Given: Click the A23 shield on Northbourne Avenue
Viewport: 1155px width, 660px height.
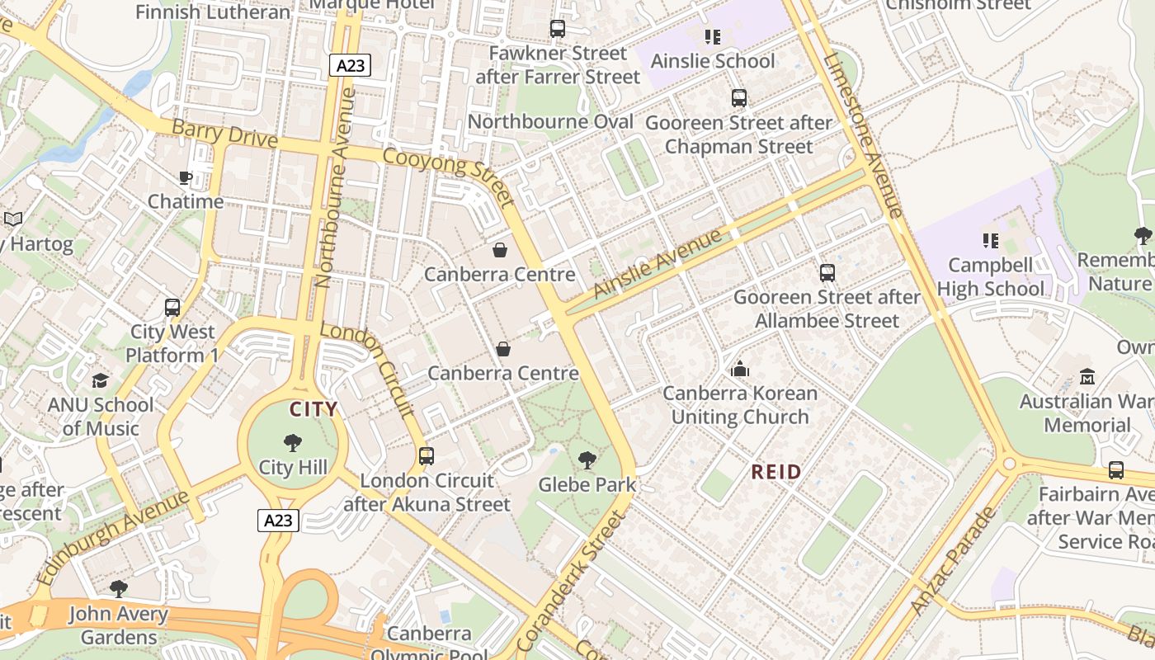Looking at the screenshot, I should [x=350, y=66].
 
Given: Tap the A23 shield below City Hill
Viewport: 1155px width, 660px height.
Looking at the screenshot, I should [x=278, y=521].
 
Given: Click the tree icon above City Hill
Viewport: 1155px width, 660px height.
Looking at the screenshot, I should [x=292, y=443].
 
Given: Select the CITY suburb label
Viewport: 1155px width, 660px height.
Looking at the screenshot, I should [x=313, y=409].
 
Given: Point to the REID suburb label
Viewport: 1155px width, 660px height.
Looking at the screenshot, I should [x=776, y=473].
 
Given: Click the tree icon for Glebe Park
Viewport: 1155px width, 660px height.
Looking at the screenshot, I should [x=587, y=460].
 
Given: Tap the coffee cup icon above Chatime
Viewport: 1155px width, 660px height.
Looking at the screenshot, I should [x=186, y=177].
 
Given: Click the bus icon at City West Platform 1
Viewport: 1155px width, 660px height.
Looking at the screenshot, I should [x=172, y=308].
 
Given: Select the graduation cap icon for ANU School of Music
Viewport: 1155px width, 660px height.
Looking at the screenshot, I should [x=101, y=380].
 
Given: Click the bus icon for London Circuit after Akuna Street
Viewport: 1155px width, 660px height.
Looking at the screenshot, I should [x=427, y=456].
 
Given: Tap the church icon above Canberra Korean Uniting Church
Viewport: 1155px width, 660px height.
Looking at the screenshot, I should [x=740, y=369].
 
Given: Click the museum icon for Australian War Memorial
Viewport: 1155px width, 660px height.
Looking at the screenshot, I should [x=1087, y=377].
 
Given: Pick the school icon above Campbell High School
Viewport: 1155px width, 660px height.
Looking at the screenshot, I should [x=990, y=241].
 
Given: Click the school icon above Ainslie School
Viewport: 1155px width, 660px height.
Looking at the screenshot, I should [x=713, y=37].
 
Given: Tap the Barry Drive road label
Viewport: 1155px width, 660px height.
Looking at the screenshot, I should [x=224, y=134].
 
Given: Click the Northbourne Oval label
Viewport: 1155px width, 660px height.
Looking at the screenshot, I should [x=550, y=122].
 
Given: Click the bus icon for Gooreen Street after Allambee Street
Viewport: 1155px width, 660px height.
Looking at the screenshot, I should [x=827, y=273].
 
